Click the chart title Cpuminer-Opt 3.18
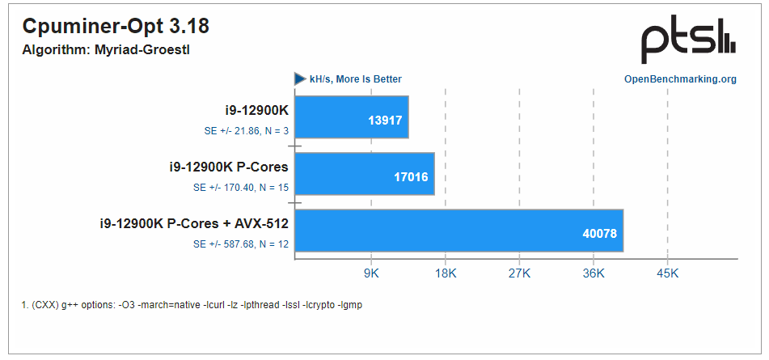tap(116, 27)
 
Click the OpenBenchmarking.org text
tap(680, 79)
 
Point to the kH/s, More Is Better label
tap(355, 79)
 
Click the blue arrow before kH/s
tap(300, 79)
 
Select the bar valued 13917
tap(352, 117)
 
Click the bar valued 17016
tap(365, 174)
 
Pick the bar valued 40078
tap(458, 231)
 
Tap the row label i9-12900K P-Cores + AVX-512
tap(194, 223)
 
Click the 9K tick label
tap(371, 274)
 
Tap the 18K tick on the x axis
tap(445, 274)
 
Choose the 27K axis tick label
tap(519, 274)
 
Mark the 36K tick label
tap(594, 274)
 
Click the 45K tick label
tap(667, 274)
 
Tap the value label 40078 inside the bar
tap(599, 234)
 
